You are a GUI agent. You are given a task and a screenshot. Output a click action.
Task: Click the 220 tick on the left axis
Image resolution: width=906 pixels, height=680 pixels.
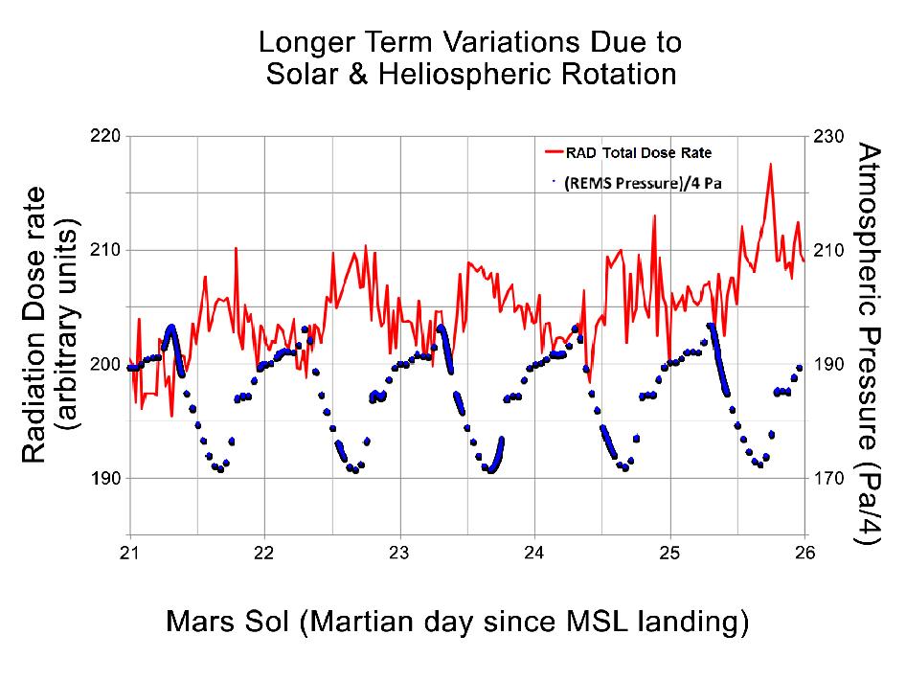click(x=106, y=136)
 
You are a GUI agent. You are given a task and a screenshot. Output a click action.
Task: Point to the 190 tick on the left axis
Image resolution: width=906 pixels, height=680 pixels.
click(x=106, y=478)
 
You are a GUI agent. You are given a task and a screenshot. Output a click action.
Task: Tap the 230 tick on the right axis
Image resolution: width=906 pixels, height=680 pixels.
click(x=828, y=136)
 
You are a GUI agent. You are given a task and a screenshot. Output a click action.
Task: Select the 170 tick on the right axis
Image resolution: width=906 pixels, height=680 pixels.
click(x=828, y=478)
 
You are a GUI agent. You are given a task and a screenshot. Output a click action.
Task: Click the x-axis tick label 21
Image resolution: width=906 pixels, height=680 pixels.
click(x=130, y=553)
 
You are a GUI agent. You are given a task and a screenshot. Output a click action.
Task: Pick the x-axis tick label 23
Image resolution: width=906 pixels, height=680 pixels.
click(x=399, y=553)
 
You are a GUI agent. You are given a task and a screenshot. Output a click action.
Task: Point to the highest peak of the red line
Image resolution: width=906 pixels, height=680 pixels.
click(x=769, y=164)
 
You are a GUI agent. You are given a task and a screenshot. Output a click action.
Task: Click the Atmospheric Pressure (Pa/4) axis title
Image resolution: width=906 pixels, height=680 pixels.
click(x=868, y=345)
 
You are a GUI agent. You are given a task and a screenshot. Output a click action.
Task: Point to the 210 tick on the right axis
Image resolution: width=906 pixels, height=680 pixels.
click(x=828, y=250)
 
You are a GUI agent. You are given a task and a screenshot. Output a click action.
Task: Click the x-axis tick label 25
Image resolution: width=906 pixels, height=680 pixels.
click(x=669, y=553)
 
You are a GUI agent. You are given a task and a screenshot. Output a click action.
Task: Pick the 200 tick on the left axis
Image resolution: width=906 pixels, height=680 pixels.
click(x=106, y=364)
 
